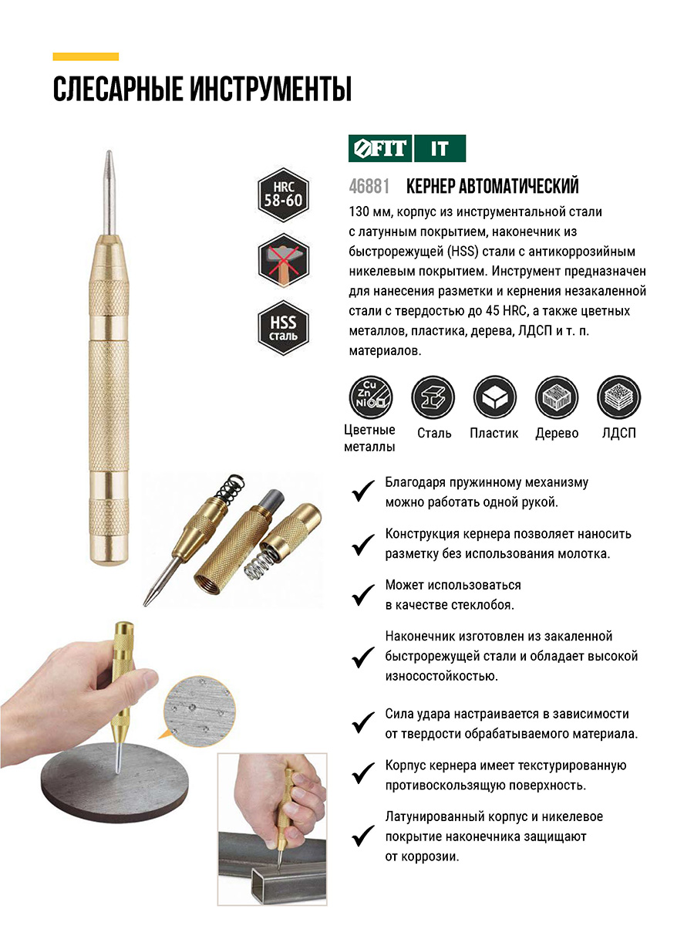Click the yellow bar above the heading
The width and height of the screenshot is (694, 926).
point(86,56)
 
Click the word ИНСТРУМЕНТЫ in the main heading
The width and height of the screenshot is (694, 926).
point(270,89)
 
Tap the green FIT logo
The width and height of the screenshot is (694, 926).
point(379,148)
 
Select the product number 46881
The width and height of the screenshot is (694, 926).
point(369,186)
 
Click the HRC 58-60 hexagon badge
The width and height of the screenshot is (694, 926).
point(283,195)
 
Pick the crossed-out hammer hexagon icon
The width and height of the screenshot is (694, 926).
point(283,260)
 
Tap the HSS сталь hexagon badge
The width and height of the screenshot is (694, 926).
point(283,327)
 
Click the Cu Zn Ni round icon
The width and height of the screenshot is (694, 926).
point(370,397)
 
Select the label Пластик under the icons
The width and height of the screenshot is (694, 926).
point(494,433)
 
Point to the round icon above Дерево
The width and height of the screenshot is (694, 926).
point(557,397)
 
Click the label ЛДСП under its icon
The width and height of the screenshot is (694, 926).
point(618,433)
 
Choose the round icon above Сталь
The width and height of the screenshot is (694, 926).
point(433,397)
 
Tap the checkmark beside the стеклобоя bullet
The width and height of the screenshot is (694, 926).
point(362,595)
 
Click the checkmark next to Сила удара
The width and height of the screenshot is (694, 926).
point(362,723)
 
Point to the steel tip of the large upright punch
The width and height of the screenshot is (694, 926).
point(109,192)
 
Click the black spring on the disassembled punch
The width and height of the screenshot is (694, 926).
point(230,488)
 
